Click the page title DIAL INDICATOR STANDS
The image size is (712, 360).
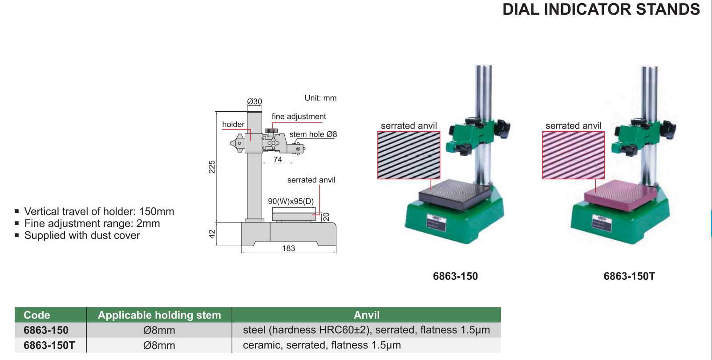tap(601, 9)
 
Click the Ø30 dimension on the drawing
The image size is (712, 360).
tap(255, 101)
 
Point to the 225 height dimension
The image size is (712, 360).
tap(212, 167)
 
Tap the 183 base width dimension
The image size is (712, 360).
tap(289, 248)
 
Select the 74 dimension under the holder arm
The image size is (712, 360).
tap(278, 159)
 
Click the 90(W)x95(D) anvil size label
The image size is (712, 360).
tap(291, 201)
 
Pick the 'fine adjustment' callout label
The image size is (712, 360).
tap(299, 117)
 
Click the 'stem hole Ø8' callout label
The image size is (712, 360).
tap(313, 134)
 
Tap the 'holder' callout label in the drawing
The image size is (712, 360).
tap(233, 124)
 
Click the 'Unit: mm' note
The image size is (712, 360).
tap(320, 98)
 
